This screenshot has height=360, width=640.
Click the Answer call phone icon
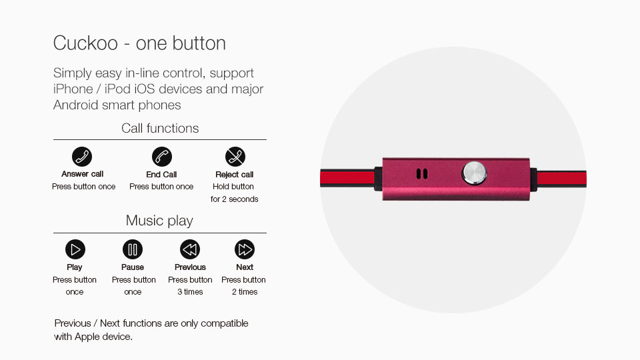click(82, 157)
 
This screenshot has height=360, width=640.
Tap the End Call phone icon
click(161, 157)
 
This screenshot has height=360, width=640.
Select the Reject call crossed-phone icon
click(235, 157)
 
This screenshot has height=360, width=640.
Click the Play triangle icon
click(75, 249)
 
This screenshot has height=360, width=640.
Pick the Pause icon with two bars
click(133, 249)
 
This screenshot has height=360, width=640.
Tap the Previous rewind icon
click(190, 249)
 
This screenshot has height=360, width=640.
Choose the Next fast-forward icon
click(245, 249)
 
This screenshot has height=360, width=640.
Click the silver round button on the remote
click(474, 173)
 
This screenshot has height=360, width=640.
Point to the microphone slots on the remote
click(422, 174)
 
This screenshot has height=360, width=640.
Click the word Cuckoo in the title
click(86, 43)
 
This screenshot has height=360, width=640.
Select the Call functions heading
click(160, 128)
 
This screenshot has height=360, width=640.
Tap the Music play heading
click(159, 221)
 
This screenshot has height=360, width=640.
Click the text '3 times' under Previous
click(190, 292)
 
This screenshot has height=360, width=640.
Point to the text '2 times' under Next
click(245, 292)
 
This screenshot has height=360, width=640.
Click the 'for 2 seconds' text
click(234, 199)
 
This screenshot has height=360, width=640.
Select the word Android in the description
click(76, 105)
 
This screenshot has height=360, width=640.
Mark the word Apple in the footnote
click(87, 337)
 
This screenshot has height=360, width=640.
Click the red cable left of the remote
click(347, 179)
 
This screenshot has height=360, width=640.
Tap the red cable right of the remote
click(561, 179)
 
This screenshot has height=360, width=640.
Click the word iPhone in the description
click(73, 89)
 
